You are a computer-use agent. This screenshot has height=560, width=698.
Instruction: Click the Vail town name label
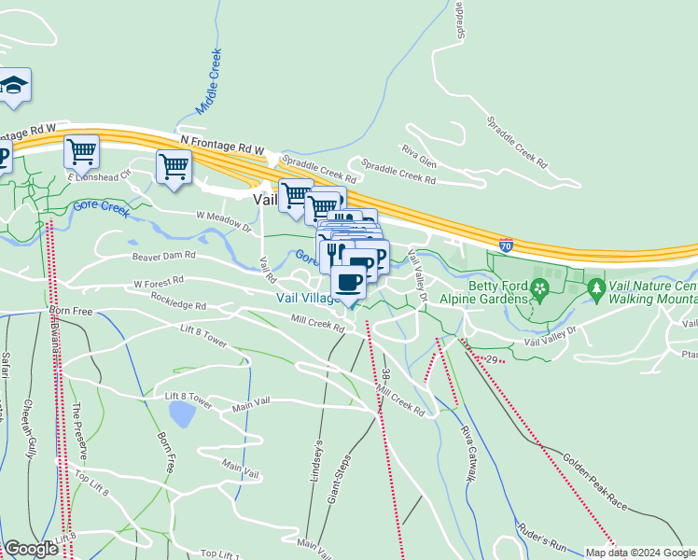click(265, 198)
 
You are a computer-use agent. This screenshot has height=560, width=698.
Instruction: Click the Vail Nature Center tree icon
click(597, 293)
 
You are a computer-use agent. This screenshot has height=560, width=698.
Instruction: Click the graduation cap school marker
click(14, 85)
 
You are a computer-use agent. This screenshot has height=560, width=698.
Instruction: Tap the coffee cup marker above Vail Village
click(348, 281)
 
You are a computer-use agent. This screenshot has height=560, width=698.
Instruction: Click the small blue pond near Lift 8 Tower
click(182, 413)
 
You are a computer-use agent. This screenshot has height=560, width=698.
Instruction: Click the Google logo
click(31, 549)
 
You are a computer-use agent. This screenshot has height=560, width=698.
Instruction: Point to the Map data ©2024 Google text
click(640, 553)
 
